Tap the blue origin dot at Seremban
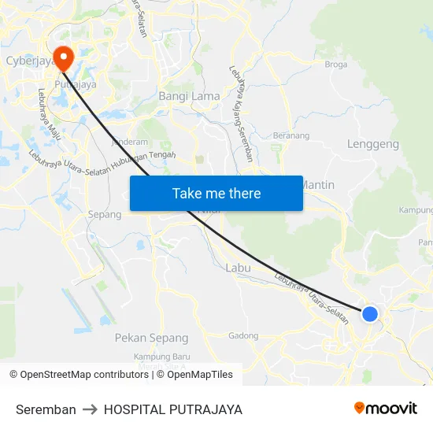pyautogui.click(x=369, y=314)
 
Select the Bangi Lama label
pyautogui.click(x=190, y=96)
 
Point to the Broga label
pyautogui.click(x=336, y=65)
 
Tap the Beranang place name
pyautogui.click(x=291, y=135)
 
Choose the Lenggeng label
pyautogui.click(x=372, y=145)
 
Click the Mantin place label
pyautogui.click(x=319, y=185)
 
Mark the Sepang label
pyautogui.click(x=105, y=214)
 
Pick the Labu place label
pyautogui.click(x=238, y=268)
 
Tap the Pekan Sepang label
pyautogui.click(x=151, y=338)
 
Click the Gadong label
pyautogui.click(x=243, y=336)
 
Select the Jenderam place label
pyautogui.click(x=130, y=142)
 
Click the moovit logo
pyautogui.click(x=385, y=409)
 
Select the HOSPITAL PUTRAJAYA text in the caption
pyautogui.click(x=172, y=409)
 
